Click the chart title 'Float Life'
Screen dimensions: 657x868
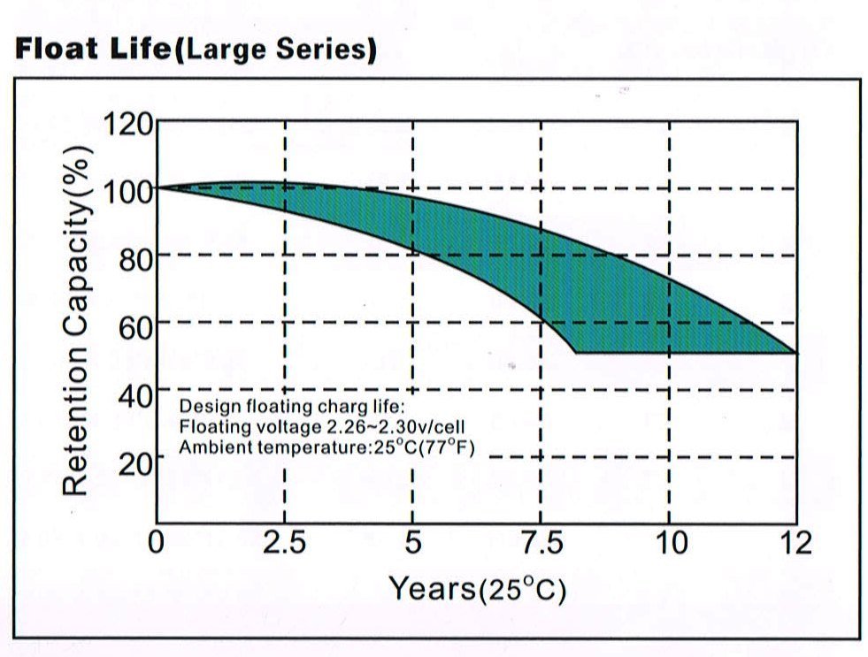click(92, 50)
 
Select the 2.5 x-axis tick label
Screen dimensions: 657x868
click(284, 541)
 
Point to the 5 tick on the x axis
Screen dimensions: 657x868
click(412, 541)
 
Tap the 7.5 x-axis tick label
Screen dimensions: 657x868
click(541, 541)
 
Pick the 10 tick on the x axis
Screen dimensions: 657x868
click(670, 541)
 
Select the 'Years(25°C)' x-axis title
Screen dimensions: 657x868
click(477, 588)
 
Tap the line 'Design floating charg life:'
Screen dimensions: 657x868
click(291, 408)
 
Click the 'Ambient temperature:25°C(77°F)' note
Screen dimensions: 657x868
click(326, 447)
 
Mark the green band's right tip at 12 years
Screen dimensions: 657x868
click(795, 353)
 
